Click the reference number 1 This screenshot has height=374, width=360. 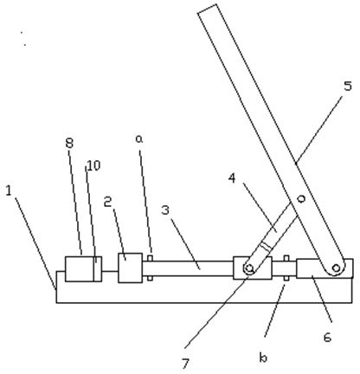pyautogui.click(x=9, y=191)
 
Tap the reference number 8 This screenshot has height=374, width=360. pyautogui.click(x=69, y=144)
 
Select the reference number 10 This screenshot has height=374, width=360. pyautogui.click(x=93, y=165)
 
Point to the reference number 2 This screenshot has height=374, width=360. pyautogui.click(x=108, y=203)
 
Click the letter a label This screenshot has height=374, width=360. pyautogui.click(x=139, y=139)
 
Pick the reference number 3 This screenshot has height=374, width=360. pyautogui.click(x=165, y=210)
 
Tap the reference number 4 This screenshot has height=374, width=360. pyautogui.click(x=232, y=178)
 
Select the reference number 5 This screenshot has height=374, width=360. pyautogui.click(x=348, y=86)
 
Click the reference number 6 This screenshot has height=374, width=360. pyautogui.click(x=327, y=337)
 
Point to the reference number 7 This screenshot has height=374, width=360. pyautogui.click(x=185, y=364)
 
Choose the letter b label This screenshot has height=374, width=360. pyautogui.click(x=263, y=358)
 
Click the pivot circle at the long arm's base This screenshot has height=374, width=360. pyautogui.click(x=336, y=268)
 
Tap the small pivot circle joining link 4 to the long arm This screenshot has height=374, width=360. pyautogui.click(x=301, y=198)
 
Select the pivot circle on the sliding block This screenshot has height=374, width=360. pyautogui.click(x=248, y=268)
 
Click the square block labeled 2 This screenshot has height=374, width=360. pyautogui.click(x=130, y=268)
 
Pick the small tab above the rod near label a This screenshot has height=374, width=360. pyautogui.click(x=150, y=258)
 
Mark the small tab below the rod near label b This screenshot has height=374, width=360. pyautogui.click(x=286, y=278)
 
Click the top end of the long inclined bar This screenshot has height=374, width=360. pyautogui.click(x=207, y=9)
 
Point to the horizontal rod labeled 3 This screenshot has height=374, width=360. pyautogui.click(x=188, y=268)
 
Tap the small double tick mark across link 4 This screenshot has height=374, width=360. pyautogui.click(x=266, y=247)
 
